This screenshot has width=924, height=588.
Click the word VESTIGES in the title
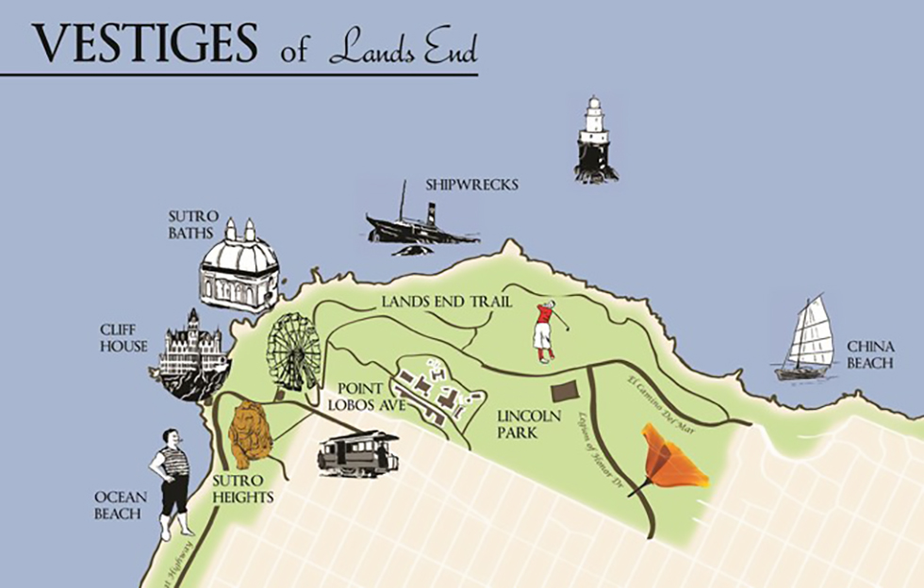[145, 41]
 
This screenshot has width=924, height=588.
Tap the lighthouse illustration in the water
[595, 139]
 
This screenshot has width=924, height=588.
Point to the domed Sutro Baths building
[239, 268]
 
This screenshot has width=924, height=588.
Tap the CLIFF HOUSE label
[124, 338]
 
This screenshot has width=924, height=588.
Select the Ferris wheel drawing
[293, 351]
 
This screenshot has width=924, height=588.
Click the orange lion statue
[250, 433]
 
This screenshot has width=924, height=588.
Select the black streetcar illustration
[357, 453]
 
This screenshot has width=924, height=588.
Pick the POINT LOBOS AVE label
[366, 397]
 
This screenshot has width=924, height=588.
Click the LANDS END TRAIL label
[447, 302]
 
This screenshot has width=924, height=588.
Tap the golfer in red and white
[546, 331]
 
